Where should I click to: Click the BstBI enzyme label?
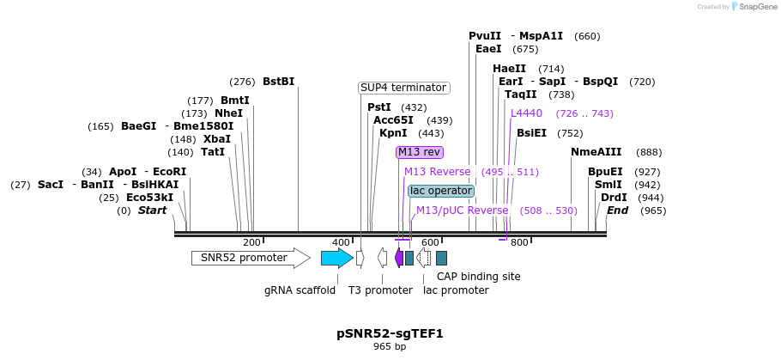[x=278, y=82]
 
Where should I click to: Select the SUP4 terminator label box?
[x=403, y=88]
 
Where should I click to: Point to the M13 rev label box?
[x=419, y=152]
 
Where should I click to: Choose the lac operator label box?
[x=441, y=191]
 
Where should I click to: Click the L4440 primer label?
[x=526, y=113]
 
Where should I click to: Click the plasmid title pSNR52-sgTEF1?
[x=390, y=333]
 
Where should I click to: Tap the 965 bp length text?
[x=390, y=347]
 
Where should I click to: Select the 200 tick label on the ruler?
[x=251, y=243]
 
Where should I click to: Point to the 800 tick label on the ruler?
[x=519, y=243]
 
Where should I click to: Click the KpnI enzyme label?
[x=393, y=133]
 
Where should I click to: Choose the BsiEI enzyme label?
[x=531, y=133]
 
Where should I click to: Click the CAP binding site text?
[x=478, y=277]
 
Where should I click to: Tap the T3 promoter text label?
[x=380, y=290]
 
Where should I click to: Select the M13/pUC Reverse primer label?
[x=462, y=211]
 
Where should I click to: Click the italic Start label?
[x=152, y=211]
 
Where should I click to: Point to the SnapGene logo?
[x=754, y=7]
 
